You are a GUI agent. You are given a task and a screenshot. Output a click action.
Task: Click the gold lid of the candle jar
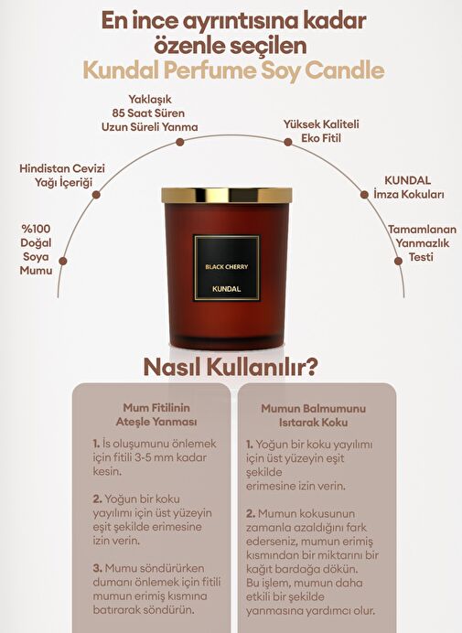(227, 196)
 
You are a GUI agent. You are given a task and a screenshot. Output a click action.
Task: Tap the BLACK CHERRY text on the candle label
(227, 267)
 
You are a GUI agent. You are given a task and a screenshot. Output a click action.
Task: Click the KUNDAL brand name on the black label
(227, 289)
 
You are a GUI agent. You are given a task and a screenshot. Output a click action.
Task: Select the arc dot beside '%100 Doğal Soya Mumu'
(62, 262)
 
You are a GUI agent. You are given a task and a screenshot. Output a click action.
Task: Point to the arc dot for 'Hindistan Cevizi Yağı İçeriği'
(96, 195)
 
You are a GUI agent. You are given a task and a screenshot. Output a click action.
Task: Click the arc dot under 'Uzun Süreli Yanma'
(180, 142)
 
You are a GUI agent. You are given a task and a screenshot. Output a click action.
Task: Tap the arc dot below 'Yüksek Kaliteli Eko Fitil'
(288, 142)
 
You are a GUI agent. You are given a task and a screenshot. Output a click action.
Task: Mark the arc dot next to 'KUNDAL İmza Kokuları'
(364, 195)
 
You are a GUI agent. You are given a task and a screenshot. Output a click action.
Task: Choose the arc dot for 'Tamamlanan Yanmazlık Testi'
(398, 261)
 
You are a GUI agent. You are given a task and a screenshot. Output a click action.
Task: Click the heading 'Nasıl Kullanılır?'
(231, 368)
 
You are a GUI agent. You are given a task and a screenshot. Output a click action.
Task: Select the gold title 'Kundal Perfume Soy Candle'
(233, 70)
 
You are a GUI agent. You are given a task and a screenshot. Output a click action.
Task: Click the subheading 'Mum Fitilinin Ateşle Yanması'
(156, 415)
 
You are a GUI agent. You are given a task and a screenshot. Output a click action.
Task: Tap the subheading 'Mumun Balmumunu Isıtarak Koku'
(314, 415)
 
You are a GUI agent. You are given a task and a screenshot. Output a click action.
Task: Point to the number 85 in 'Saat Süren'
(119, 113)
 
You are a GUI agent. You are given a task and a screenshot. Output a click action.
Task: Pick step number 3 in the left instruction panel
(97, 568)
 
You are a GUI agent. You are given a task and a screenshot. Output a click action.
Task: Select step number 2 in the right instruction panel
(251, 514)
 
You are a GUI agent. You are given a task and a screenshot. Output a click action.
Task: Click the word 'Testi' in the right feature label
(421, 257)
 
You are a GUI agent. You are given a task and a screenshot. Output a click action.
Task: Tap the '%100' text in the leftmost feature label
(36, 229)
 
